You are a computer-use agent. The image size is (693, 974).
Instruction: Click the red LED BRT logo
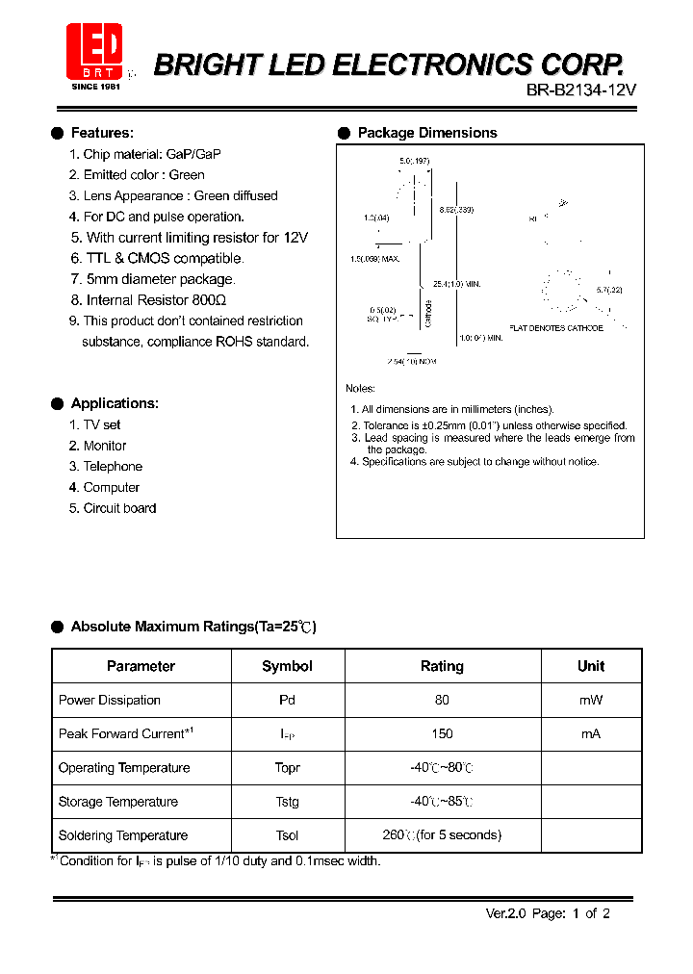94,49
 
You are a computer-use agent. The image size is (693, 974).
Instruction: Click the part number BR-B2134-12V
581,90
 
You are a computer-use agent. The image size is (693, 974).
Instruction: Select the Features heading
102,133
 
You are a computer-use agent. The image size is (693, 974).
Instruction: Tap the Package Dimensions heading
426,133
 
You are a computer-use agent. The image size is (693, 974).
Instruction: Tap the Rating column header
442,666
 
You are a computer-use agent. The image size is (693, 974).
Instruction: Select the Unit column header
590,666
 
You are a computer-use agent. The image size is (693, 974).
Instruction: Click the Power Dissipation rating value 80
442,700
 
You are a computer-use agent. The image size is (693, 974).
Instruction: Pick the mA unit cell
590,733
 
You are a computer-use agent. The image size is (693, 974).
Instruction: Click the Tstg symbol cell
287,802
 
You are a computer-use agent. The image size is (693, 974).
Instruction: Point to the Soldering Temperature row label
123,835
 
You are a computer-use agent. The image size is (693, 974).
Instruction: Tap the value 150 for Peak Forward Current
442,733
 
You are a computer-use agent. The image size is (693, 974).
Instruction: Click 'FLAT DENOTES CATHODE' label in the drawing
556,328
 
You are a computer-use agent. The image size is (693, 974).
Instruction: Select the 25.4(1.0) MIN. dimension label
456,284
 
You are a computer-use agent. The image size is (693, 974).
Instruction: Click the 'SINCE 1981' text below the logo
93,86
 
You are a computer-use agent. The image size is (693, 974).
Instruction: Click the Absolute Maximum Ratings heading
192,627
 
